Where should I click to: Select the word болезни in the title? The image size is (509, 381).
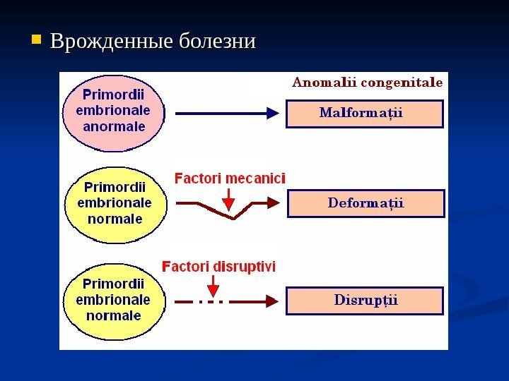[216, 40]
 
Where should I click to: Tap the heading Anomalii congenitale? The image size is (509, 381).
[368, 82]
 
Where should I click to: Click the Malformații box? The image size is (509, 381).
[364, 113]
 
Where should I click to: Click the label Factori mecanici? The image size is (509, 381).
[230, 179]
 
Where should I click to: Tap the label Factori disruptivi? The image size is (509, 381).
[219, 267]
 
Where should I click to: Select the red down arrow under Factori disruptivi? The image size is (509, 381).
[213, 285]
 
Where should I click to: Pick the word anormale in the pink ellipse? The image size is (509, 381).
[115, 128]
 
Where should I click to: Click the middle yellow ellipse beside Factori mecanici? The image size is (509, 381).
[115, 205]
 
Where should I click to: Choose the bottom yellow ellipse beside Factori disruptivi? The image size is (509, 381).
[115, 300]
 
